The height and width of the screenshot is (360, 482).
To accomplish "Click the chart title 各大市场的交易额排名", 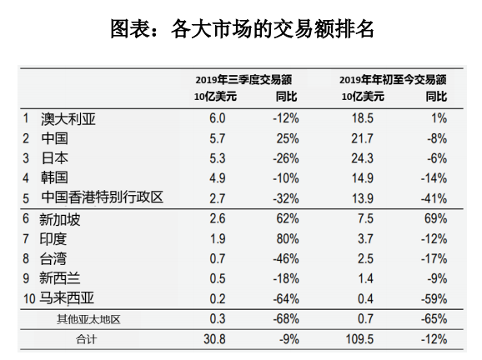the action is pyautogui.click(x=273, y=29).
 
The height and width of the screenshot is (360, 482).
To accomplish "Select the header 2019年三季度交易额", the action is pyautogui.click(x=244, y=80).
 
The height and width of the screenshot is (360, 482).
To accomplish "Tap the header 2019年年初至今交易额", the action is pyautogui.click(x=393, y=80).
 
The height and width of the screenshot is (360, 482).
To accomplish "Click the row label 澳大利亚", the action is pyautogui.click(x=68, y=119).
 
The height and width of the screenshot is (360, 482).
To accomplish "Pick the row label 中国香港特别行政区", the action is pyautogui.click(x=102, y=197).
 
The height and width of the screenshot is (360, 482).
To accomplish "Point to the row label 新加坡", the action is pyautogui.click(x=60, y=219).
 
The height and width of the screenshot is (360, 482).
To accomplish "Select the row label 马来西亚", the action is pyautogui.click(x=67, y=298).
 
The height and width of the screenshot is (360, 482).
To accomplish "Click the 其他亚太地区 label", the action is pyautogui.click(x=88, y=319).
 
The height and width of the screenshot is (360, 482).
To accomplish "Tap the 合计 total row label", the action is pyautogui.click(x=87, y=339).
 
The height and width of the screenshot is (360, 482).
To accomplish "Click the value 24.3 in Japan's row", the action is pyautogui.click(x=363, y=158).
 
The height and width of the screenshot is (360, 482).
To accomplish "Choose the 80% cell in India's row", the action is pyautogui.click(x=288, y=238).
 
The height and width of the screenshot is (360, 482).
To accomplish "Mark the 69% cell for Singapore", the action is pyautogui.click(x=435, y=218).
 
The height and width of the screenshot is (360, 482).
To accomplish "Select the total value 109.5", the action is pyautogui.click(x=359, y=339).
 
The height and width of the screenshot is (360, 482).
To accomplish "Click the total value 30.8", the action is pyautogui.click(x=214, y=339).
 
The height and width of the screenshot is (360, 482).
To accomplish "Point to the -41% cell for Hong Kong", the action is pyautogui.click(x=434, y=198).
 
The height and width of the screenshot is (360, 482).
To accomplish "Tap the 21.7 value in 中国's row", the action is pyautogui.click(x=363, y=138).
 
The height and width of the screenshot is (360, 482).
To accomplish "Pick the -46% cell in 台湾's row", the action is pyautogui.click(x=286, y=258).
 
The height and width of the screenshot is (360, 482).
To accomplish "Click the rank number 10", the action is pyautogui.click(x=29, y=298).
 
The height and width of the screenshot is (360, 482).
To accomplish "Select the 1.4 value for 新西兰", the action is pyautogui.click(x=365, y=278).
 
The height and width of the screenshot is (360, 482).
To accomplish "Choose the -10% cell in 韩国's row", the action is pyautogui.click(x=286, y=178).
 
